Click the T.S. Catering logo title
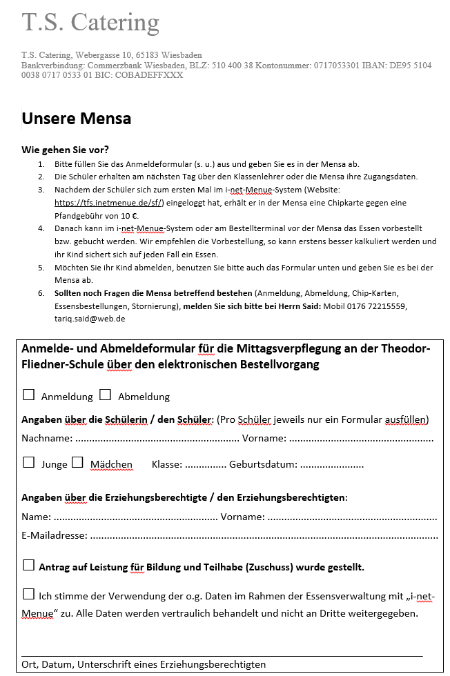click(x=90, y=23)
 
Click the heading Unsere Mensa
click(x=76, y=118)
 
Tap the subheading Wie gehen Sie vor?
click(x=65, y=150)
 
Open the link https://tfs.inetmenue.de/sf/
click(x=108, y=203)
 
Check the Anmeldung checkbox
click(x=29, y=395)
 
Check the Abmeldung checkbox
click(x=105, y=395)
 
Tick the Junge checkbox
click(x=29, y=463)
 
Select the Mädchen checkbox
click(x=77, y=463)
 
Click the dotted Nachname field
click(x=157, y=439)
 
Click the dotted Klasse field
click(x=206, y=465)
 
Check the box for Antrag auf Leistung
click(x=29, y=566)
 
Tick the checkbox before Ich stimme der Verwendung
click(x=29, y=595)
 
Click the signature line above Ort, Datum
click(x=222, y=655)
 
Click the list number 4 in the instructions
click(x=41, y=228)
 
